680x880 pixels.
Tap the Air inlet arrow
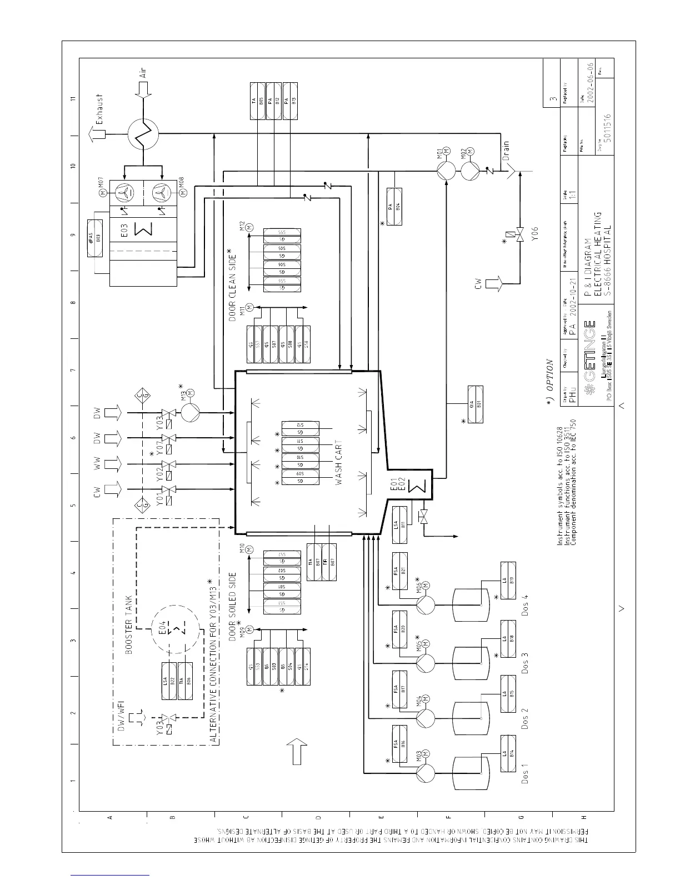tap(144, 89)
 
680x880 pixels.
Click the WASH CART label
tap(339, 463)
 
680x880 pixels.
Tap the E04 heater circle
tap(178, 629)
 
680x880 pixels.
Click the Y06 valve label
tap(536, 234)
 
